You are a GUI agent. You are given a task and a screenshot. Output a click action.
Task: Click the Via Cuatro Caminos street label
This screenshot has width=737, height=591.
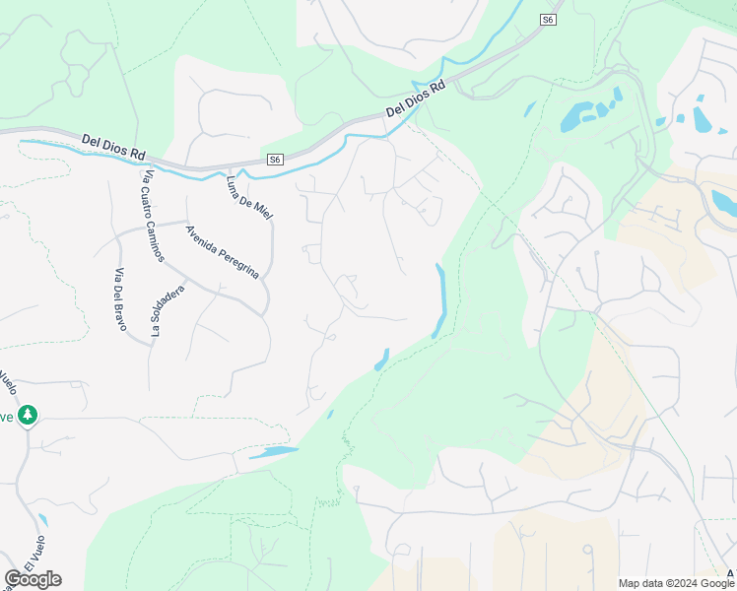click(x=154, y=216)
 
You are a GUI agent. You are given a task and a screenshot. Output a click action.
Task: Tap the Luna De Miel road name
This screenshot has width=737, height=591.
click(x=248, y=195)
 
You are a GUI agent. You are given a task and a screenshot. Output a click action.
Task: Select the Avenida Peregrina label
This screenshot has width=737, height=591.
click(x=223, y=252)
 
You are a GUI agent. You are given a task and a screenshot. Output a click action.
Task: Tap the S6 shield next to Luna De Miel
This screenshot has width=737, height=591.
click(x=275, y=160)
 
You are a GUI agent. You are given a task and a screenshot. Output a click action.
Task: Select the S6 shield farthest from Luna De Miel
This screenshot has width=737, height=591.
click(x=549, y=19)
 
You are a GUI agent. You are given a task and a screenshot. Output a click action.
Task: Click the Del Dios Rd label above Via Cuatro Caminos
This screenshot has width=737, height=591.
click(x=113, y=148)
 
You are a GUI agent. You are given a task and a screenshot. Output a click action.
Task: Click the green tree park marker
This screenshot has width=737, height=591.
click(x=28, y=416)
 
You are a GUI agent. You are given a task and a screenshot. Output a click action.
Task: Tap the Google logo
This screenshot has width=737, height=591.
click(x=33, y=579)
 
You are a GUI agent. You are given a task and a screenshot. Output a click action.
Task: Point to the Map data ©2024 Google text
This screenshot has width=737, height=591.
click(x=677, y=583)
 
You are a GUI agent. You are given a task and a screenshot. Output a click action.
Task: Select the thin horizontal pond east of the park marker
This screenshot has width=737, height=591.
click(x=274, y=453)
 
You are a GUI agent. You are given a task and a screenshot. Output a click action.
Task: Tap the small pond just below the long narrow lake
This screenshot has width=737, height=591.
click(x=381, y=361)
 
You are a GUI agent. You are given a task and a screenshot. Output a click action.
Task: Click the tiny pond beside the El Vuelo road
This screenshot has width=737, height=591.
click(x=42, y=519)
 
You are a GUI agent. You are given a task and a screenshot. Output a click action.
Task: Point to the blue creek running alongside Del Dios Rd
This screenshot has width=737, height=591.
click(x=296, y=164)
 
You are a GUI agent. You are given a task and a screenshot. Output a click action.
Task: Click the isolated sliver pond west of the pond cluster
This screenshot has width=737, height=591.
click(x=530, y=109)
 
